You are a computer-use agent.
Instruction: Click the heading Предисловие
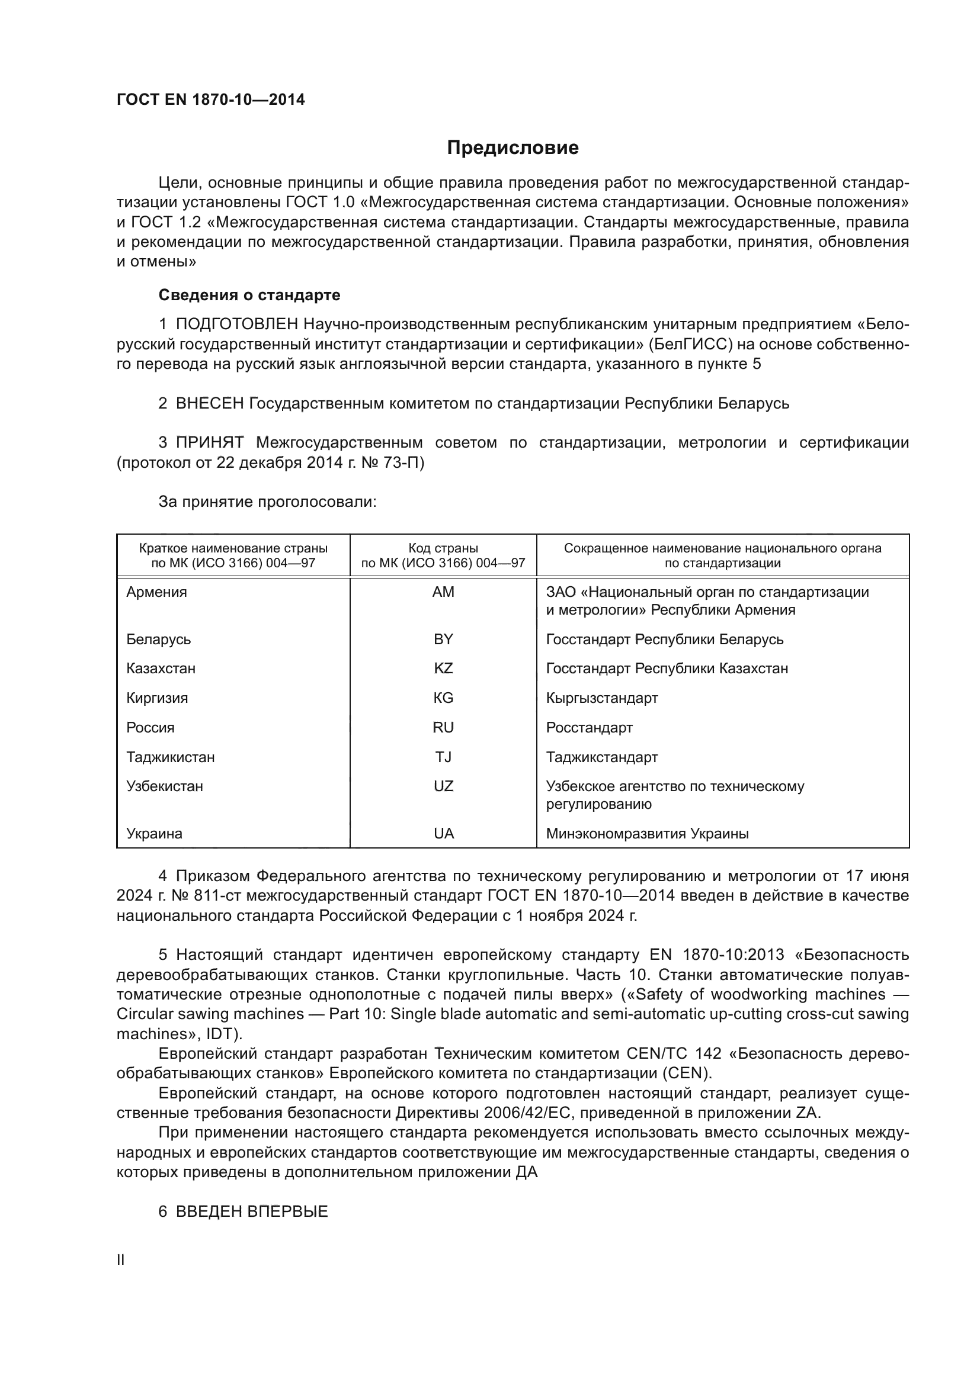[513, 148]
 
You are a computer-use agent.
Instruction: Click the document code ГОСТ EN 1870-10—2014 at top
[210, 100]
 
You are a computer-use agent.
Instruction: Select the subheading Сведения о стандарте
[249, 295]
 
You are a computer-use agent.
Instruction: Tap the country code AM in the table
[443, 592]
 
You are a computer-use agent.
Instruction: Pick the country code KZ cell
[443, 669]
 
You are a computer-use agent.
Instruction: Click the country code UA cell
[443, 834]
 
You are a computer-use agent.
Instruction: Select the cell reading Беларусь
[158, 639]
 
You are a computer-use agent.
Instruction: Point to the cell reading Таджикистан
[170, 757]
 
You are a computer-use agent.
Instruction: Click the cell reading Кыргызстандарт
[601, 698]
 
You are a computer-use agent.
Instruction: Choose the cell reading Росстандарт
[589, 728]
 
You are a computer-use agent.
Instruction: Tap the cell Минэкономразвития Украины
[647, 834]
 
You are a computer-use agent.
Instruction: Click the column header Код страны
[443, 548]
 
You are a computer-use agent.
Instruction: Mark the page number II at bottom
[121, 1259]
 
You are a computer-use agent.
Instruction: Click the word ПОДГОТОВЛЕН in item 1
[236, 324]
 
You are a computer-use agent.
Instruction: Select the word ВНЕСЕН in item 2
[209, 404]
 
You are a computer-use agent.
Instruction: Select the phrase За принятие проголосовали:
[267, 502]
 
